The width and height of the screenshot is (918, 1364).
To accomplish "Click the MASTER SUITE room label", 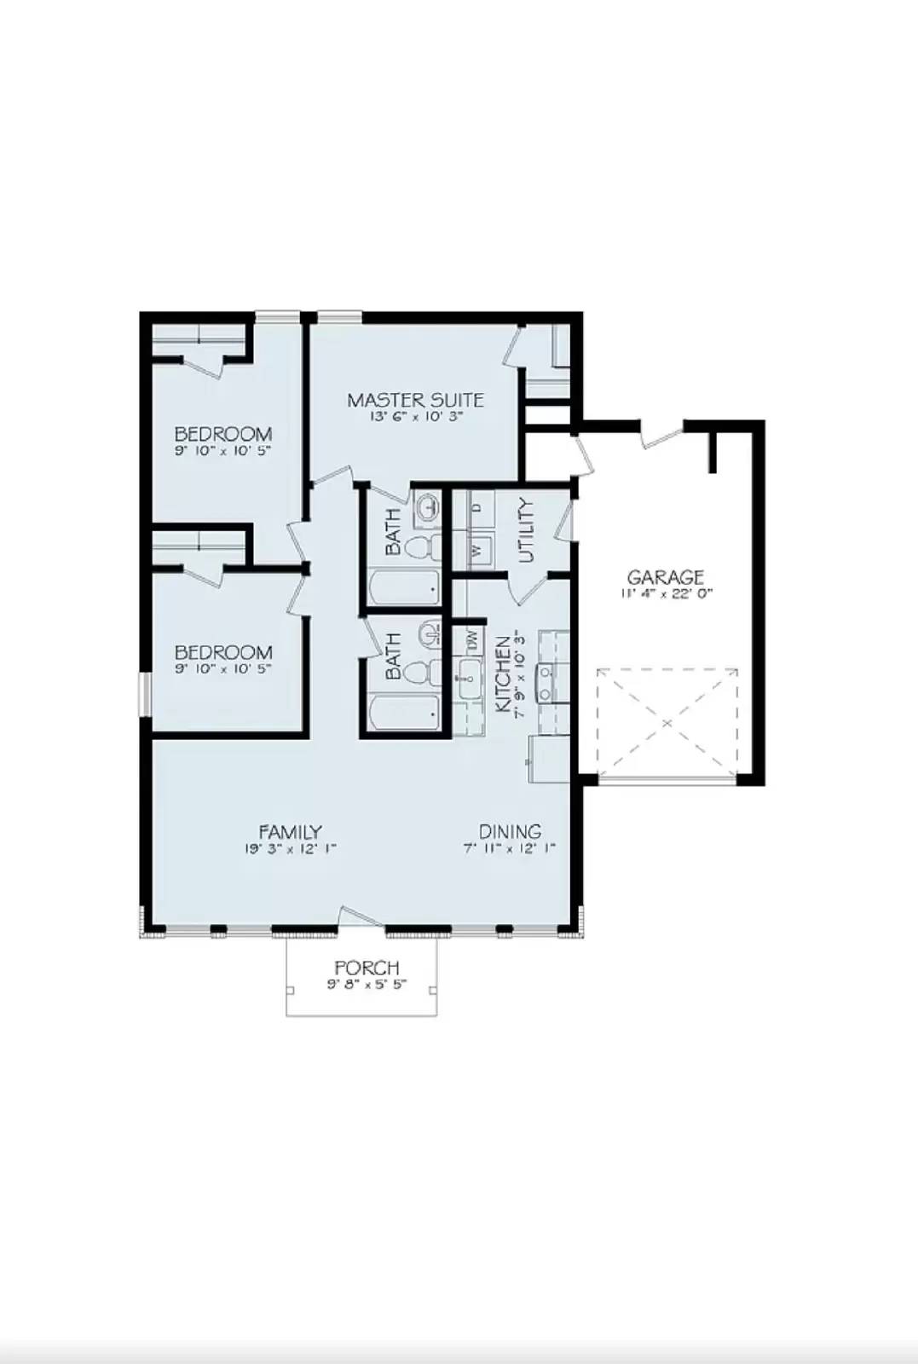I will (x=415, y=399).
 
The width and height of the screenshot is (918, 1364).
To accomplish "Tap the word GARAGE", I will (x=665, y=577).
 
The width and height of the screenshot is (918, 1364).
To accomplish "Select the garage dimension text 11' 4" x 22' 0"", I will (x=665, y=593).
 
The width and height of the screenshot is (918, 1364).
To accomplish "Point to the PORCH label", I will (x=367, y=968).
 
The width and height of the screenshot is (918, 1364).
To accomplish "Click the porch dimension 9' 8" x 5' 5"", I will (x=367, y=984).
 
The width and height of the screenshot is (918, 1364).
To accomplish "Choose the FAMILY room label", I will (x=290, y=831).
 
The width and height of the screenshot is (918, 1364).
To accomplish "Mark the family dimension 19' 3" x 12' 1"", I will (x=290, y=848).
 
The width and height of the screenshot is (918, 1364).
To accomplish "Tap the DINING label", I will (x=510, y=831).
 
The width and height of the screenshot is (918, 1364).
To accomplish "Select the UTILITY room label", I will (x=526, y=530).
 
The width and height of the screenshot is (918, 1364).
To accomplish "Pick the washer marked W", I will (x=477, y=549).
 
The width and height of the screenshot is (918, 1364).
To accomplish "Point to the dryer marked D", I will (x=477, y=508).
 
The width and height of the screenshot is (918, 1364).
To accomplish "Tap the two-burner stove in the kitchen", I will (x=547, y=683).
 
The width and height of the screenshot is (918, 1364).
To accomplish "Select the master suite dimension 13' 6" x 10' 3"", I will (x=415, y=417).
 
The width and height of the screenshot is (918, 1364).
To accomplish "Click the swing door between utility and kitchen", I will (x=526, y=588).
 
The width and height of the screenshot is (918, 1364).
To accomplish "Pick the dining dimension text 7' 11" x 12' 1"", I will (x=510, y=848).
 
